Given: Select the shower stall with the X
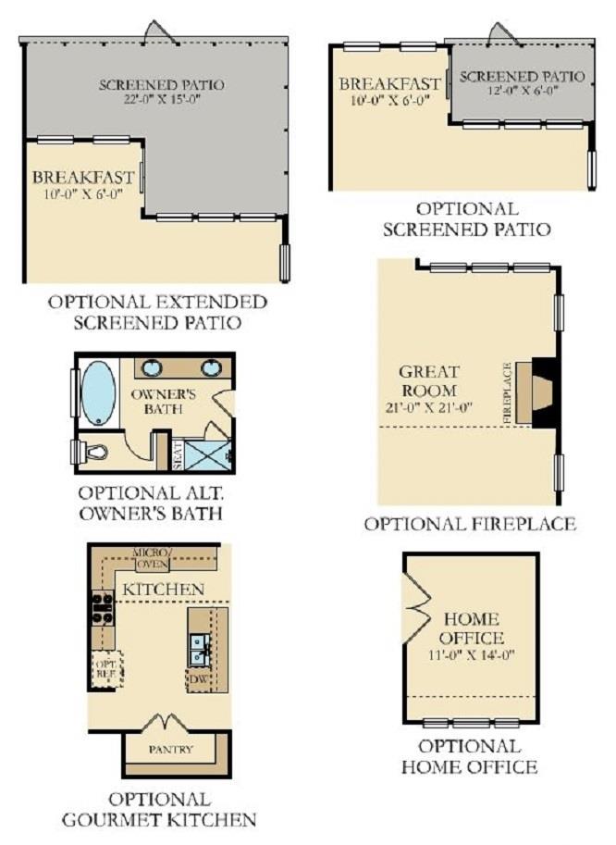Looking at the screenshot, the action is [207, 455].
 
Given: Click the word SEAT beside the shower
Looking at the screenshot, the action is [179, 456].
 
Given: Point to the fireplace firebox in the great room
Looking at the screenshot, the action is [545, 392].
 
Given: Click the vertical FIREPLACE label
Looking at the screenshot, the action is [507, 392].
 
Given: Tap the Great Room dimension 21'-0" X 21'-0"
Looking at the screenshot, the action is [428, 407].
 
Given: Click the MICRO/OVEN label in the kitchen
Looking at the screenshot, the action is [152, 559].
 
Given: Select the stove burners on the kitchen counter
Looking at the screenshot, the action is [103, 608].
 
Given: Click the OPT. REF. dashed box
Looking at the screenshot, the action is [106, 669].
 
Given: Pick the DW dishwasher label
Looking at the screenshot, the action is [198, 679].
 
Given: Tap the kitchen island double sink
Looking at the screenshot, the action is [201, 651].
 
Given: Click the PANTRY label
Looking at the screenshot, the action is [171, 749].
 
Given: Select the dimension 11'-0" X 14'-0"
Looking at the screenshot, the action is [472, 655].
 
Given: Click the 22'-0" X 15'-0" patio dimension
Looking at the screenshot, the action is [162, 99].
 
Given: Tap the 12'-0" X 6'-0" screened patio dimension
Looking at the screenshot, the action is [522, 90].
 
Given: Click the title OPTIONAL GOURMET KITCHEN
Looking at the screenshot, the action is [159, 809].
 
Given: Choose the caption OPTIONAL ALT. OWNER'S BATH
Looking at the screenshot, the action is [151, 503].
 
